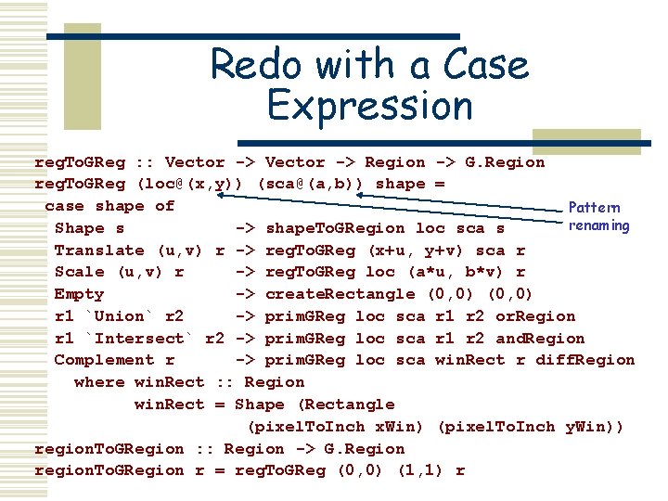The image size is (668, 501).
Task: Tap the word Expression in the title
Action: coord(369,105)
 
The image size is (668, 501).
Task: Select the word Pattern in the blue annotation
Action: coord(594,208)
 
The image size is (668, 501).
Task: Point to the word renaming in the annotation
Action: coord(598,225)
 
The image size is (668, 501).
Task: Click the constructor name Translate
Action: coord(99,250)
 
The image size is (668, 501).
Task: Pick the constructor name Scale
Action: coord(80,272)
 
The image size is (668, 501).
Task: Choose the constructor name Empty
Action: coord(80,294)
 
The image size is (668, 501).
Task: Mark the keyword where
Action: coord(99,382)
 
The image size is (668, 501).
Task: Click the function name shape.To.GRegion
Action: coord(335,228)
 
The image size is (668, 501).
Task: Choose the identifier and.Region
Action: coord(540,339)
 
